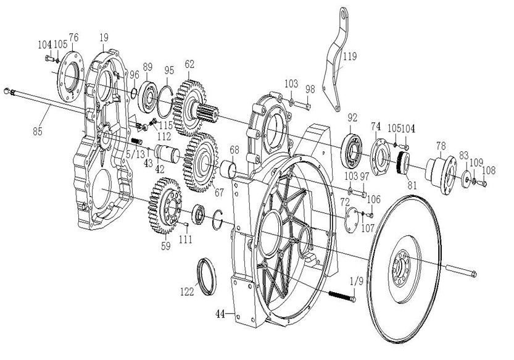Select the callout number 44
point(220,314)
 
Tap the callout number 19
point(104,38)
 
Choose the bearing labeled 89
point(149,93)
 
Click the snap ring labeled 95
point(165,99)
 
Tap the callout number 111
point(186,238)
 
